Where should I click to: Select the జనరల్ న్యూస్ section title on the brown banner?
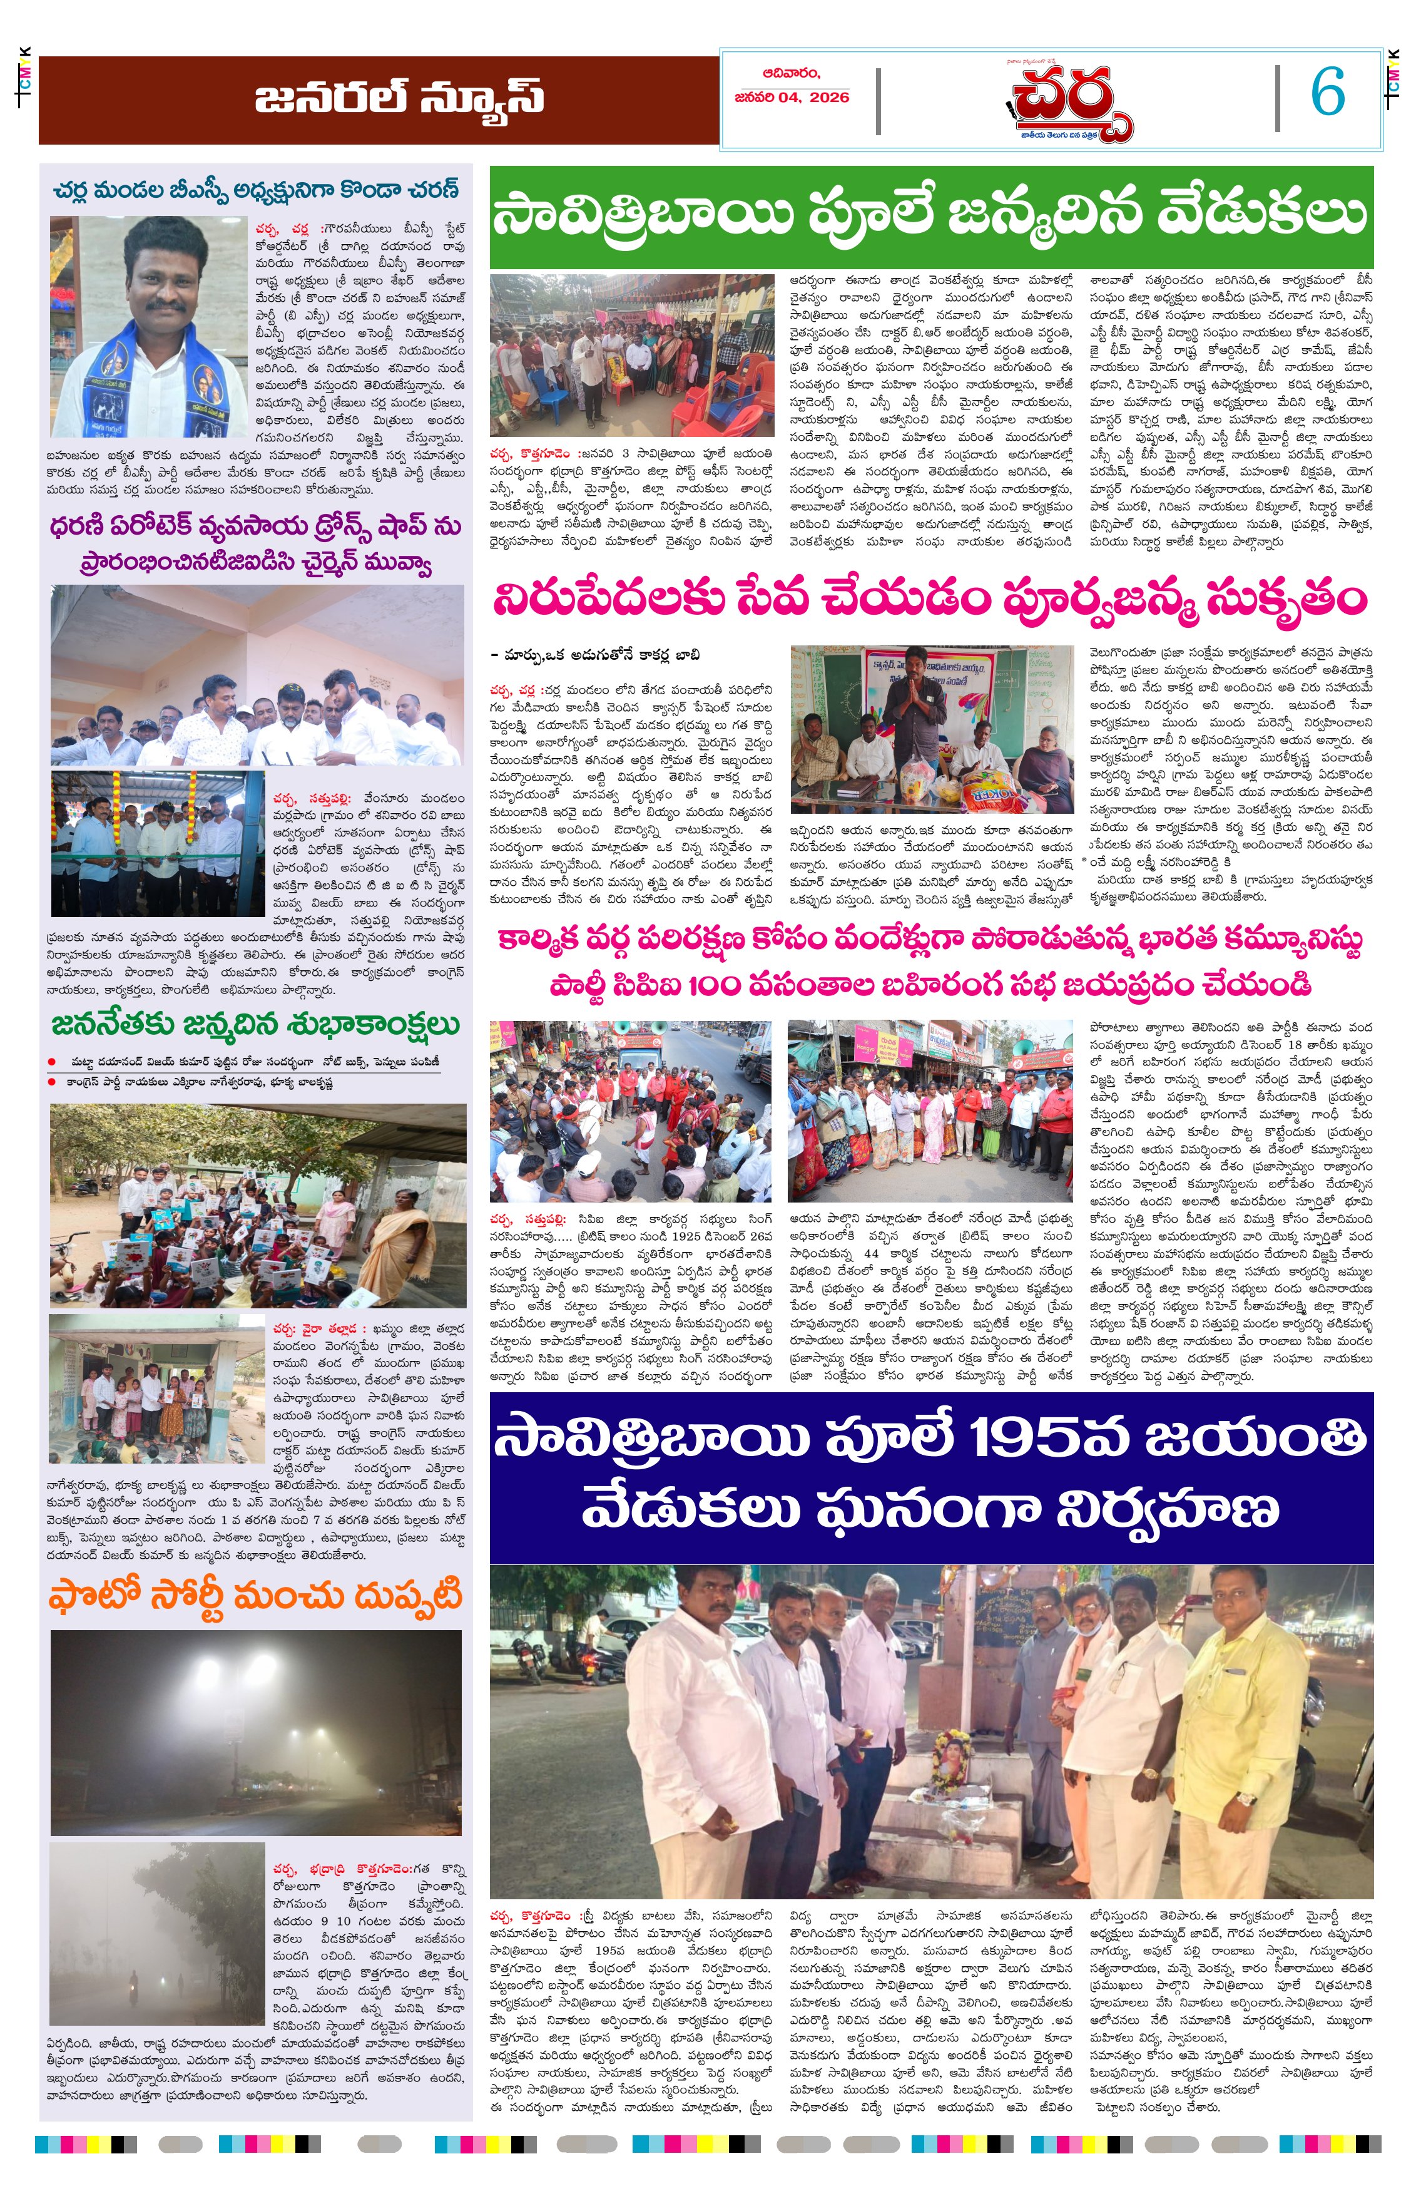[x=399, y=98]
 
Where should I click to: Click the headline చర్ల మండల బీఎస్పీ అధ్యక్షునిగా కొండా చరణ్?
[x=256, y=190]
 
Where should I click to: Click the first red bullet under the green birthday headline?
[x=53, y=1062]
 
